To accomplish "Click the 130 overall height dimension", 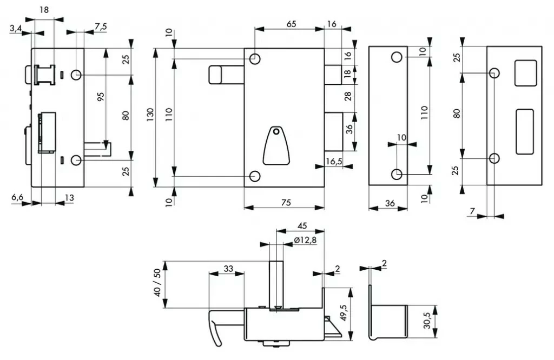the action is [x=150, y=115].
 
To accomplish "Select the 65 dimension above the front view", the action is [x=291, y=24].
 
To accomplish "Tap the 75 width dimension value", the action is [x=286, y=203].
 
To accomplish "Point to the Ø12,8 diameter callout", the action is [x=305, y=240].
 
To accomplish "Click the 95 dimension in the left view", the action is [x=101, y=97].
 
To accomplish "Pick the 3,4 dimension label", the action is [x=16, y=29].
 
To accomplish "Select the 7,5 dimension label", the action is [x=101, y=27].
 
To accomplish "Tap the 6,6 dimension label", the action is [x=17, y=197].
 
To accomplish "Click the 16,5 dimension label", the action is [x=334, y=161].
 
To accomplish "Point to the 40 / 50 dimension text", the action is [x=157, y=282].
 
